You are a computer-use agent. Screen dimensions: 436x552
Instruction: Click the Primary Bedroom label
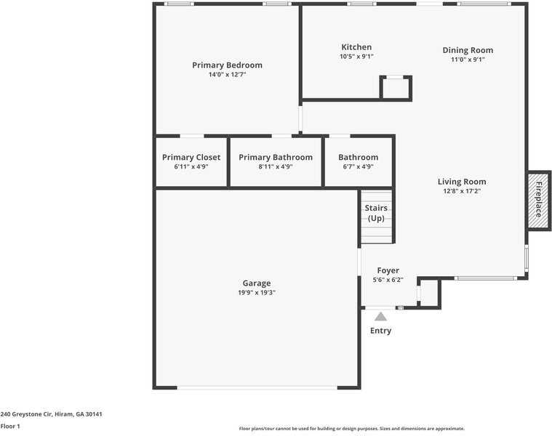click(x=227, y=65)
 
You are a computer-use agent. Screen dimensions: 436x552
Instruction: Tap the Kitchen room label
click(x=356, y=47)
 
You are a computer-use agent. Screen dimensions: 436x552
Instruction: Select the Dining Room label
click(x=468, y=50)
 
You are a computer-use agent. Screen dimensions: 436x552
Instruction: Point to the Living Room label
click(x=462, y=182)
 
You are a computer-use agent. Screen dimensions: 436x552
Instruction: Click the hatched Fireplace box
click(x=539, y=199)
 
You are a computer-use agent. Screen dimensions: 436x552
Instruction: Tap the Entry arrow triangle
click(x=380, y=316)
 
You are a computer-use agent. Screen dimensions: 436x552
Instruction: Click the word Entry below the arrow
click(x=380, y=331)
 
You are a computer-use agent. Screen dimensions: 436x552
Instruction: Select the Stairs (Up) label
click(x=376, y=213)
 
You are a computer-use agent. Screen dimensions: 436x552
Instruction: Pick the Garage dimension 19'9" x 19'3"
click(x=256, y=293)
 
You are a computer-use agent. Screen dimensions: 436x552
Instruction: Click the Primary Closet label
click(x=191, y=157)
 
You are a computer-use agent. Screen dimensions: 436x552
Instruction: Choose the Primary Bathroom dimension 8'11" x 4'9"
click(x=276, y=166)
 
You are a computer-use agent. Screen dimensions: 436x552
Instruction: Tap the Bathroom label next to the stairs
click(x=358, y=157)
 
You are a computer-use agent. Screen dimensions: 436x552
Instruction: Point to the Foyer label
click(x=388, y=270)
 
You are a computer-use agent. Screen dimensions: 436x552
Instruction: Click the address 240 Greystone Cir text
click(x=51, y=414)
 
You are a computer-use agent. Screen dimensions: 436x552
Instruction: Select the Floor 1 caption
click(x=10, y=426)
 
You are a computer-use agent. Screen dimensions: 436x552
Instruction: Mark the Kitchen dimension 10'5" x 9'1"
click(x=356, y=57)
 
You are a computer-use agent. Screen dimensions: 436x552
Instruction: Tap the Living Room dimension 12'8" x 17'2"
click(x=462, y=191)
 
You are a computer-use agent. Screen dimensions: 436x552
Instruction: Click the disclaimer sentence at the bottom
click(x=352, y=429)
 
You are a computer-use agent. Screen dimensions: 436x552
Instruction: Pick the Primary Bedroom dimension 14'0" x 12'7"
click(x=227, y=75)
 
